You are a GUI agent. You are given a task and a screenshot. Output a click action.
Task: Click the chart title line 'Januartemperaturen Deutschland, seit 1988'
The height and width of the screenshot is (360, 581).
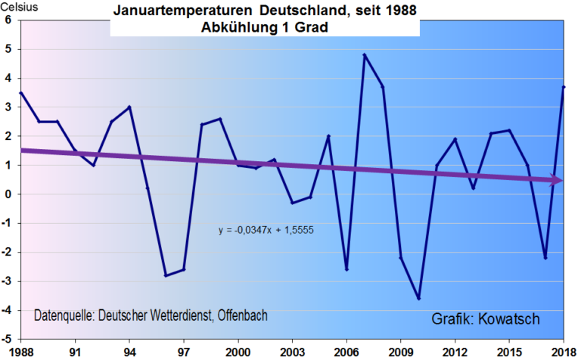pyautogui.click(x=264, y=12)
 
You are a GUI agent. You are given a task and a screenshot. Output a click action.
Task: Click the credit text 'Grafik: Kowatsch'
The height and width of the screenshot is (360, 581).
pyautogui.click(x=486, y=318)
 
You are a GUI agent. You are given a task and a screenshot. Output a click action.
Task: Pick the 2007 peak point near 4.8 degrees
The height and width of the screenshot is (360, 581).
pyautogui.click(x=365, y=54)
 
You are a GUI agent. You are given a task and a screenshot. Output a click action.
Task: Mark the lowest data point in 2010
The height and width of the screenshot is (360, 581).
pyautogui.click(x=418, y=299)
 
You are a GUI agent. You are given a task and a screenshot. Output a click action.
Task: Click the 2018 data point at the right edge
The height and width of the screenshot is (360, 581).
pyautogui.click(x=564, y=87)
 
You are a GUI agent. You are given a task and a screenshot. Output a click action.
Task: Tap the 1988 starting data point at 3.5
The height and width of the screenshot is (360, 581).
pyautogui.click(x=20, y=93)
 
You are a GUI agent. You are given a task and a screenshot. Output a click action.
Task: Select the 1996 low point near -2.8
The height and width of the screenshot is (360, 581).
pyautogui.click(x=166, y=275)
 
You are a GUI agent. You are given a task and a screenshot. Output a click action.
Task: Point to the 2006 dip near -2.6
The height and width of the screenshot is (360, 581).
pyautogui.click(x=346, y=269)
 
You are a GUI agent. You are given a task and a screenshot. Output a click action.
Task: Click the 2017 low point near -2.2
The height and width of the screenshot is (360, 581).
pyautogui.click(x=545, y=258)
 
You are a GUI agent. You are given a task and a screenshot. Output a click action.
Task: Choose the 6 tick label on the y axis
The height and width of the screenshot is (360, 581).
pyautogui.click(x=8, y=20)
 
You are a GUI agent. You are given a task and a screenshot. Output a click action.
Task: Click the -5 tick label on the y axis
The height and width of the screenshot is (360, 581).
pyautogui.click(x=7, y=340)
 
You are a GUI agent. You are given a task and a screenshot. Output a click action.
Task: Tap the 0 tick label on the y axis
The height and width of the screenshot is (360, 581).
pyautogui.click(x=8, y=194)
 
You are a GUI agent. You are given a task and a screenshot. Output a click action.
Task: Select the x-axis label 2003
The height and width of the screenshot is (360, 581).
pyautogui.click(x=292, y=352)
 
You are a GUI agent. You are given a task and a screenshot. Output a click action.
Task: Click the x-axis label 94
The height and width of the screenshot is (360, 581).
pyautogui.click(x=129, y=352)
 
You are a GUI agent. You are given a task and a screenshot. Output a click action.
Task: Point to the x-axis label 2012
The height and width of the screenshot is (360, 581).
pyautogui.click(x=455, y=352)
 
